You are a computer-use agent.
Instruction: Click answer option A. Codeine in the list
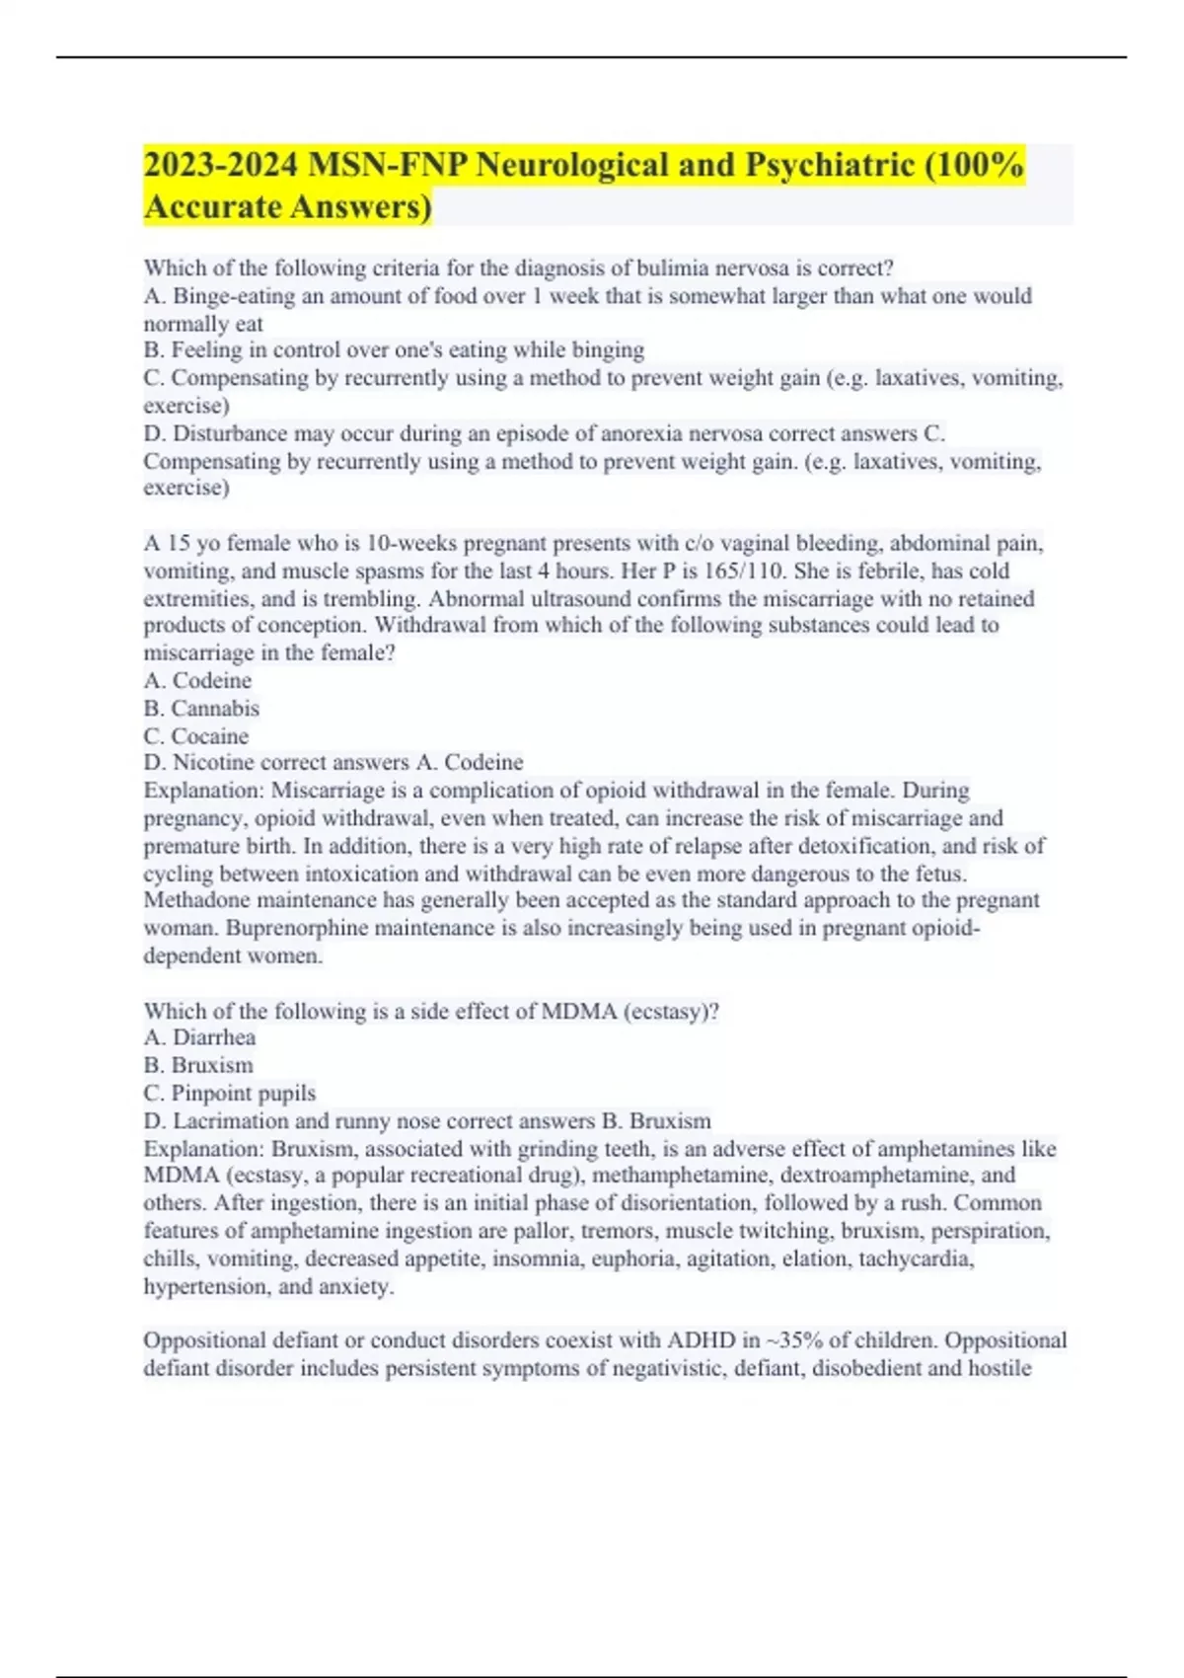point(197,680)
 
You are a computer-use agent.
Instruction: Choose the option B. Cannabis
point(201,708)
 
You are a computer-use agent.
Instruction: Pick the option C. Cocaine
point(196,735)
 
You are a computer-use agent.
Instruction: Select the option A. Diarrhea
point(199,1037)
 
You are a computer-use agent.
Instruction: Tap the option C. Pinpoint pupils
point(230,1093)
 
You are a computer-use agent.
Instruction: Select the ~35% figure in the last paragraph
point(793,1340)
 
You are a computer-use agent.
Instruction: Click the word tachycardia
point(915,1258)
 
